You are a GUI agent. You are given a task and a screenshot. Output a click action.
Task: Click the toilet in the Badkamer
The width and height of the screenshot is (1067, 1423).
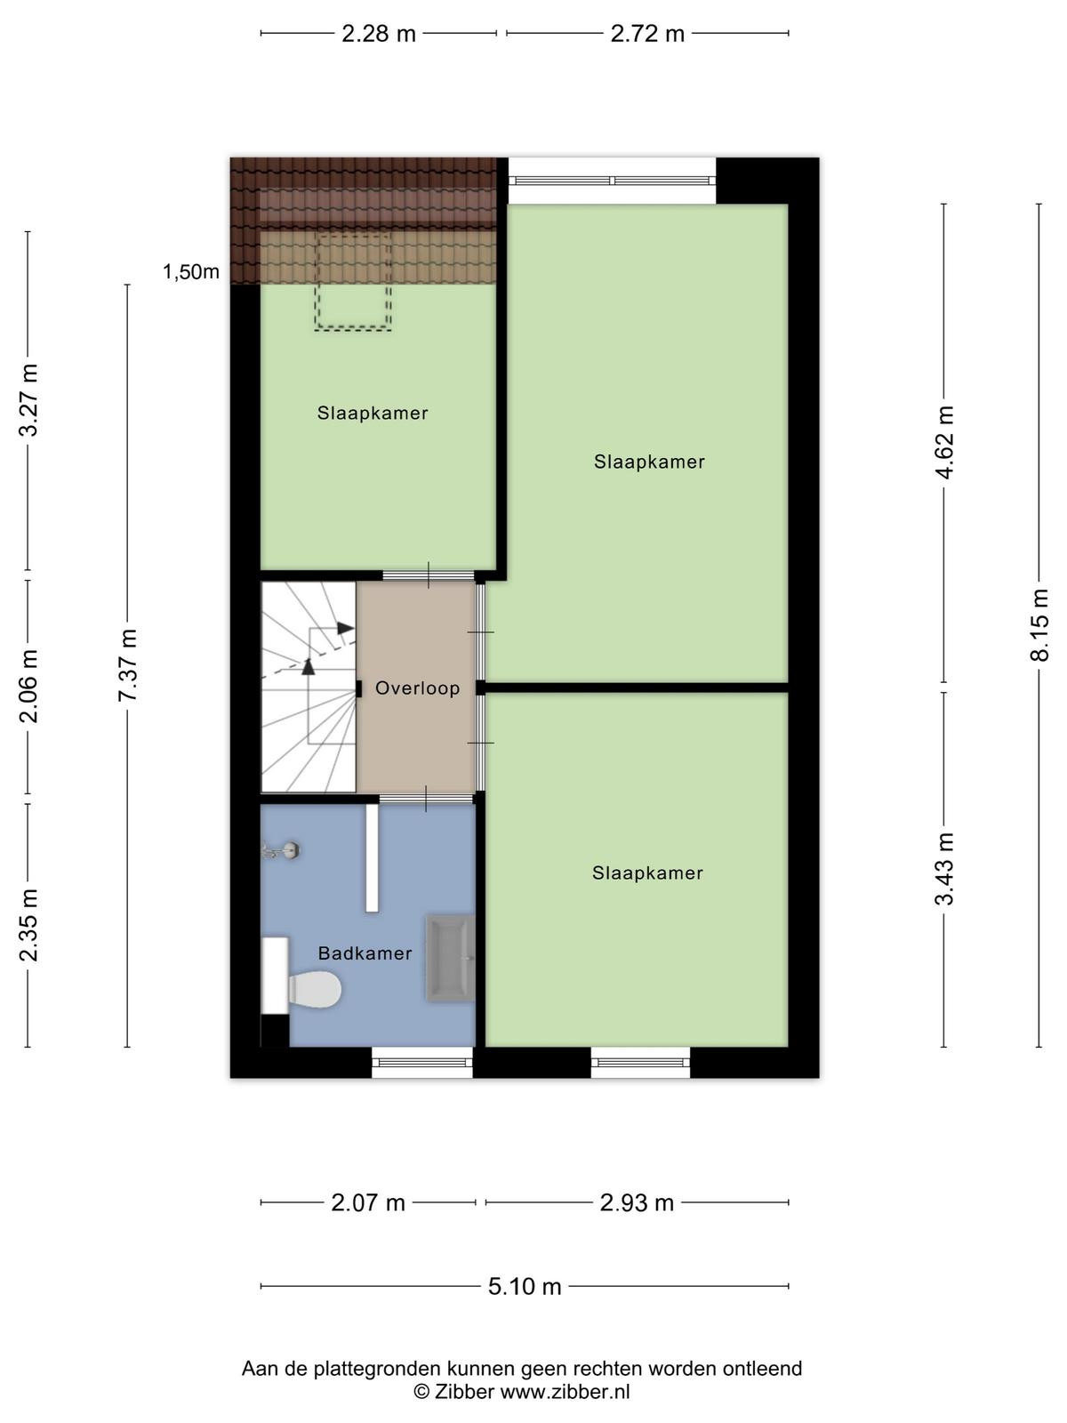[x=315, y=990]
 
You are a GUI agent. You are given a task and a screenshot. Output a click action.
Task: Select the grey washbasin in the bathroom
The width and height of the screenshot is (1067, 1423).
[x=450, y=958]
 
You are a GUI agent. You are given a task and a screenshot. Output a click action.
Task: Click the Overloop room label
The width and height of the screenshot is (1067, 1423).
[x=417, y=687]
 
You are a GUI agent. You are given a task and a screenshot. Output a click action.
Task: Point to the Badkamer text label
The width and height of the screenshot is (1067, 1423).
[x=365, y=953]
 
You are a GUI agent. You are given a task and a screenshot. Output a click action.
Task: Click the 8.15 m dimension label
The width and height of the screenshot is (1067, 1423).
[x=1039, y=625]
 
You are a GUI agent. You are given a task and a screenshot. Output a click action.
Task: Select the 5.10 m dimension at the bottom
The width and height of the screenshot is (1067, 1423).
[x=524, y=1286]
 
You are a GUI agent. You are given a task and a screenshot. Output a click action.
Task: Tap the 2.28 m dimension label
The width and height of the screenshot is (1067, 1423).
[x=379, y=34]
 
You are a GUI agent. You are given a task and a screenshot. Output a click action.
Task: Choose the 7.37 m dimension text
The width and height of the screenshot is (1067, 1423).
[x=128, y=664]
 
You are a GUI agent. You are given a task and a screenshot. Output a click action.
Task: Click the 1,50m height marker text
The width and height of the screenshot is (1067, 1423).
[x=191, y=271]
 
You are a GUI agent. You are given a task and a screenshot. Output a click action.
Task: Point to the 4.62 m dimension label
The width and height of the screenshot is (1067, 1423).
[x=944, y=442]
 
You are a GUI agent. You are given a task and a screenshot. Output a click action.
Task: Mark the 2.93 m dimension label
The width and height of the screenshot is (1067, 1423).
[x=637, y=1202]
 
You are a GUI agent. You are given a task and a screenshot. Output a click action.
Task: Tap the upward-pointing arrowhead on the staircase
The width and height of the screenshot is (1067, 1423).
[x=309, y=666]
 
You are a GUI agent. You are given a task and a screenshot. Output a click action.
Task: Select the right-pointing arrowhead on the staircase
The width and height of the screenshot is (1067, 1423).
[x=346, y=628]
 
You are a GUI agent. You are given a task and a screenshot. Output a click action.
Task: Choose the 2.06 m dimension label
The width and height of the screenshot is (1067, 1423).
[x=28, y=686]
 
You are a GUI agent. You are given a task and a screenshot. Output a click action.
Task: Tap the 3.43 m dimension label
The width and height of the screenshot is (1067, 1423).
[x=944, y=869]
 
